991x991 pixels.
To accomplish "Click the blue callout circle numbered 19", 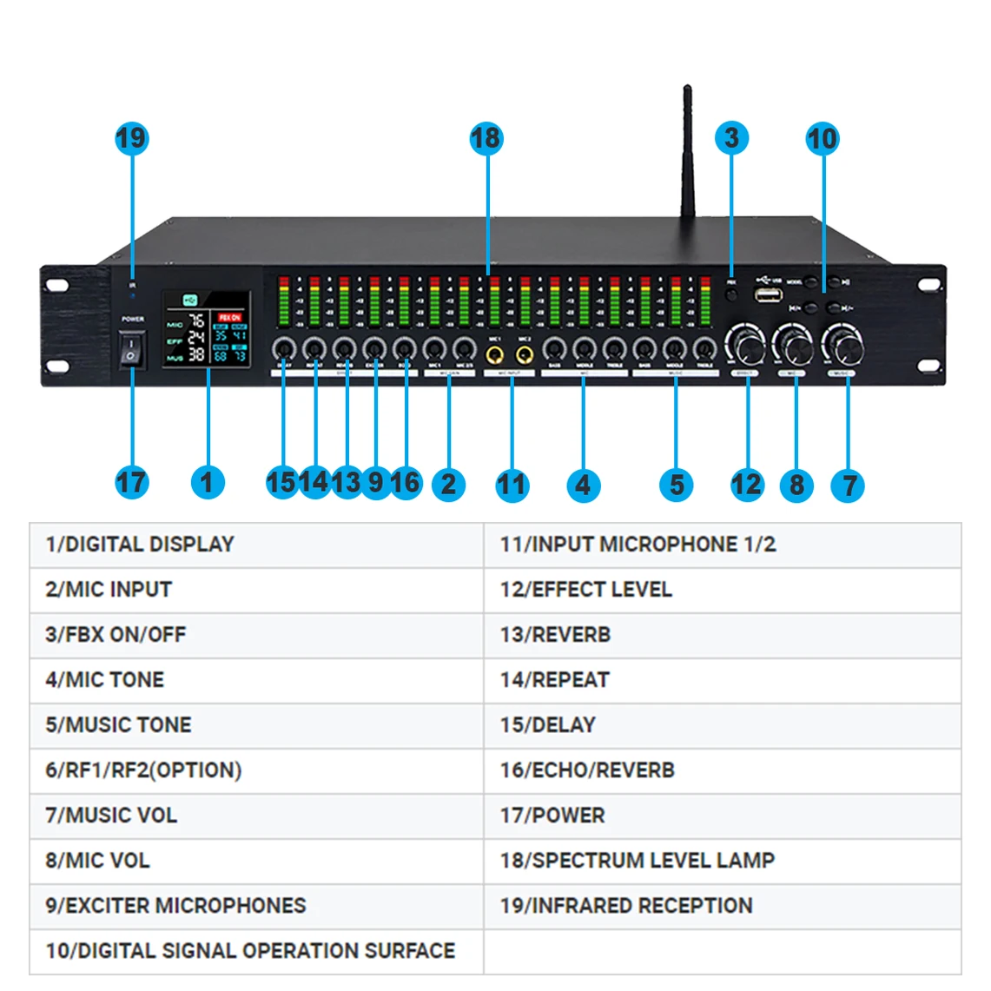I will tap(131, 138).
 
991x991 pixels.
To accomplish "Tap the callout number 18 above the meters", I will tap(486, 138).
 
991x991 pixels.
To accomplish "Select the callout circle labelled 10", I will tap(822, 138).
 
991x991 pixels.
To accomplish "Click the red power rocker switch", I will tap(131, 349).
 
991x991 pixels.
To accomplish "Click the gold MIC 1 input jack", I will tap(494, 354).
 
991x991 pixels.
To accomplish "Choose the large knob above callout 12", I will tap(745, 346).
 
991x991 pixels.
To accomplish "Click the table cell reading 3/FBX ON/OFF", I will tap(256, 635).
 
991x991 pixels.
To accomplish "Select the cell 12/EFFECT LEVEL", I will tap(721, 590).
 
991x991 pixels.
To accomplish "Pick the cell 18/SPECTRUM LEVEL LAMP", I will tap(721, 861).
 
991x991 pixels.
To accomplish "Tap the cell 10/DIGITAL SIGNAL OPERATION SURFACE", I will tap(256, 951).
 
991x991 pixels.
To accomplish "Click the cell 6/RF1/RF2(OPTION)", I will tap(256, 770).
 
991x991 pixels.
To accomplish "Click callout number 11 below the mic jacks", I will tap(512, 485).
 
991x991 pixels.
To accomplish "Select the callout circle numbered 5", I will tap(676, 485).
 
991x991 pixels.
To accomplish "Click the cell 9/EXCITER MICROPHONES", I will tap(256, 906).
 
